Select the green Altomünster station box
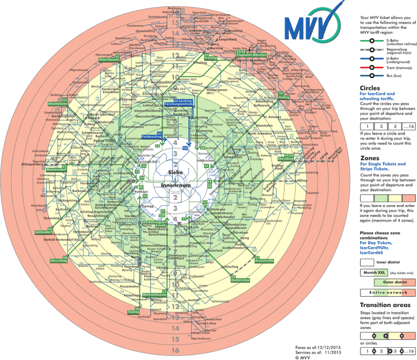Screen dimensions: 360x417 (58, 103)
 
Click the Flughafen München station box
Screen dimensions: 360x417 (251, 55)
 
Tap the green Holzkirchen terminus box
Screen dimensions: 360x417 (240, 280)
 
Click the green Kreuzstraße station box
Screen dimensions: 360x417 (264, 261)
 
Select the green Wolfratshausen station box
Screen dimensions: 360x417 (155, 294)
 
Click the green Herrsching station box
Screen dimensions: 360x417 (58, 260)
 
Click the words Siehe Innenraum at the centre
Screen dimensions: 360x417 (176, 179)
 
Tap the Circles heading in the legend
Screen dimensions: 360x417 (370, 88)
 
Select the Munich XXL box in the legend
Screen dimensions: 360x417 (372, 272)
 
